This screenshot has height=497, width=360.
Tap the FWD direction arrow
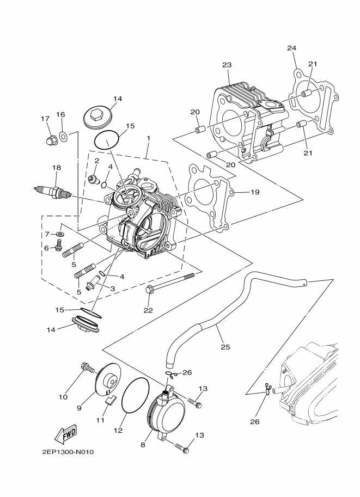click(65, 434)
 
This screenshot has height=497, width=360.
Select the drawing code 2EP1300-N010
click(68, 451)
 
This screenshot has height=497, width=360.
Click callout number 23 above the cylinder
click(227, 65)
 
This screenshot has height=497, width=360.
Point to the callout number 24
click(292, 48)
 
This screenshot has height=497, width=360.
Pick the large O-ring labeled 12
click(134, 402)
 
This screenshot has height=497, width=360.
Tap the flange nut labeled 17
click(51, 142)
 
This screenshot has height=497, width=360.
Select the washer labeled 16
click(64, 135)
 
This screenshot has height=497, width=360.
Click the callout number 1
click(148, 139)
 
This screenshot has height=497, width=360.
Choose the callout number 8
click(143, 445)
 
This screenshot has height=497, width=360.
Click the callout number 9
click(79, 407)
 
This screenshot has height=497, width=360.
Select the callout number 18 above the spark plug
click(55, 168)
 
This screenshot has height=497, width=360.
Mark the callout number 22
click(148, 311)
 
